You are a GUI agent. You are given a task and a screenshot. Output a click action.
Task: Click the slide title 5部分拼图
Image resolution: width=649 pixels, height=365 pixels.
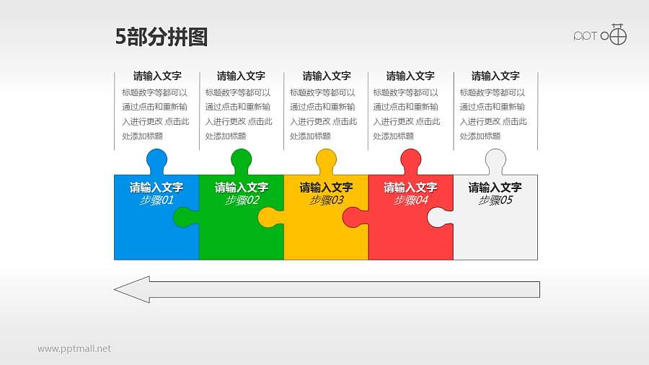point(162,37)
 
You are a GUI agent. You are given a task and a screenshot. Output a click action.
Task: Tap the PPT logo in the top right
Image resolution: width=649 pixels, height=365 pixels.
point(600,35)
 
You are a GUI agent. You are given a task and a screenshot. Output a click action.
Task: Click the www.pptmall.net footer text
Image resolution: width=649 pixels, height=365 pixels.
point(74,349)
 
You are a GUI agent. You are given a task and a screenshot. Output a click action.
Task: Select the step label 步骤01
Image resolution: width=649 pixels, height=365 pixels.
point(156,201)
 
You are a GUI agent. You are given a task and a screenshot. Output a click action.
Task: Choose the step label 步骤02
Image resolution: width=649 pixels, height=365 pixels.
point(242,201)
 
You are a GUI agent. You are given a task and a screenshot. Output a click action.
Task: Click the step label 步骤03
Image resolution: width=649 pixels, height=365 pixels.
point(326,201)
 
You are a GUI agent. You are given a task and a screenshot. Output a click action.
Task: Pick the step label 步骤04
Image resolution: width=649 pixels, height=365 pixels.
point(410,201)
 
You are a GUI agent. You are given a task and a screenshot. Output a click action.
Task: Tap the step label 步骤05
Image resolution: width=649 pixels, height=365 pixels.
point(495,201)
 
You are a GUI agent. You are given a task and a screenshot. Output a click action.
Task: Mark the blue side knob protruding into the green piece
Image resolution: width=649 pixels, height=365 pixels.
point(186,217)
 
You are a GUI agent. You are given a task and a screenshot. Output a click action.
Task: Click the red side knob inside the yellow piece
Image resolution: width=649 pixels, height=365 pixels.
point(354,217)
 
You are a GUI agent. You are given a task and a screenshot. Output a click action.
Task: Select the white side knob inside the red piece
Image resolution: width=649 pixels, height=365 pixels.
point(439,217)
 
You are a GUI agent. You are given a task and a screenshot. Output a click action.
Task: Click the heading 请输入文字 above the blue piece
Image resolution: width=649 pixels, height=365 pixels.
point(156,76)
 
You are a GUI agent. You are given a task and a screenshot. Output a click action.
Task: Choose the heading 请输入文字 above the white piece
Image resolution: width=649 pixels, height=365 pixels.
point(495,76)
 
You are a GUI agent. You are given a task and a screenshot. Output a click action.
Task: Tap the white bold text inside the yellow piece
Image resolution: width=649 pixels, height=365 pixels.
point(326,188)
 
